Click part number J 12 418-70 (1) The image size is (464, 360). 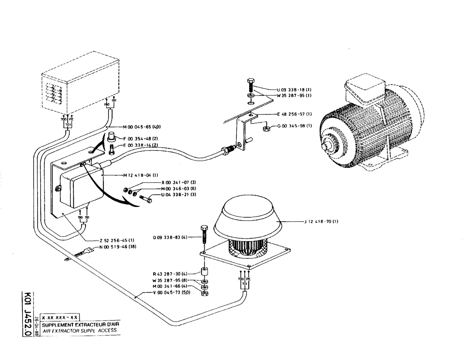[321, 222]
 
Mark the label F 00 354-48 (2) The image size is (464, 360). [142, 138]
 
